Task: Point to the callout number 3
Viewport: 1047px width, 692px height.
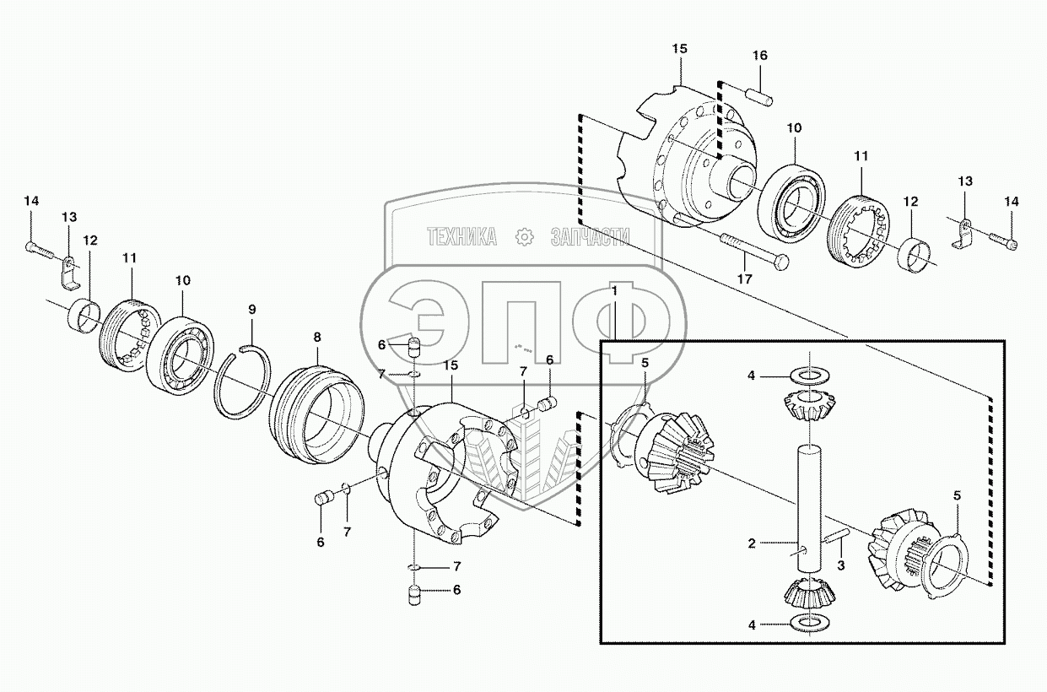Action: coord(841,564)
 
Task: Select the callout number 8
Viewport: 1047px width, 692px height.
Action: coord(317,337)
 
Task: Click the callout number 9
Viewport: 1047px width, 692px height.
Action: coord(251,310)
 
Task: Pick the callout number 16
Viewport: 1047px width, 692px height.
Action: coord(760,56)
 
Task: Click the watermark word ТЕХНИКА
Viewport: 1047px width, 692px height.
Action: coord(461,237)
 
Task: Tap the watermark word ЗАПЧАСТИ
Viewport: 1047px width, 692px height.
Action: coord(590,237)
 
